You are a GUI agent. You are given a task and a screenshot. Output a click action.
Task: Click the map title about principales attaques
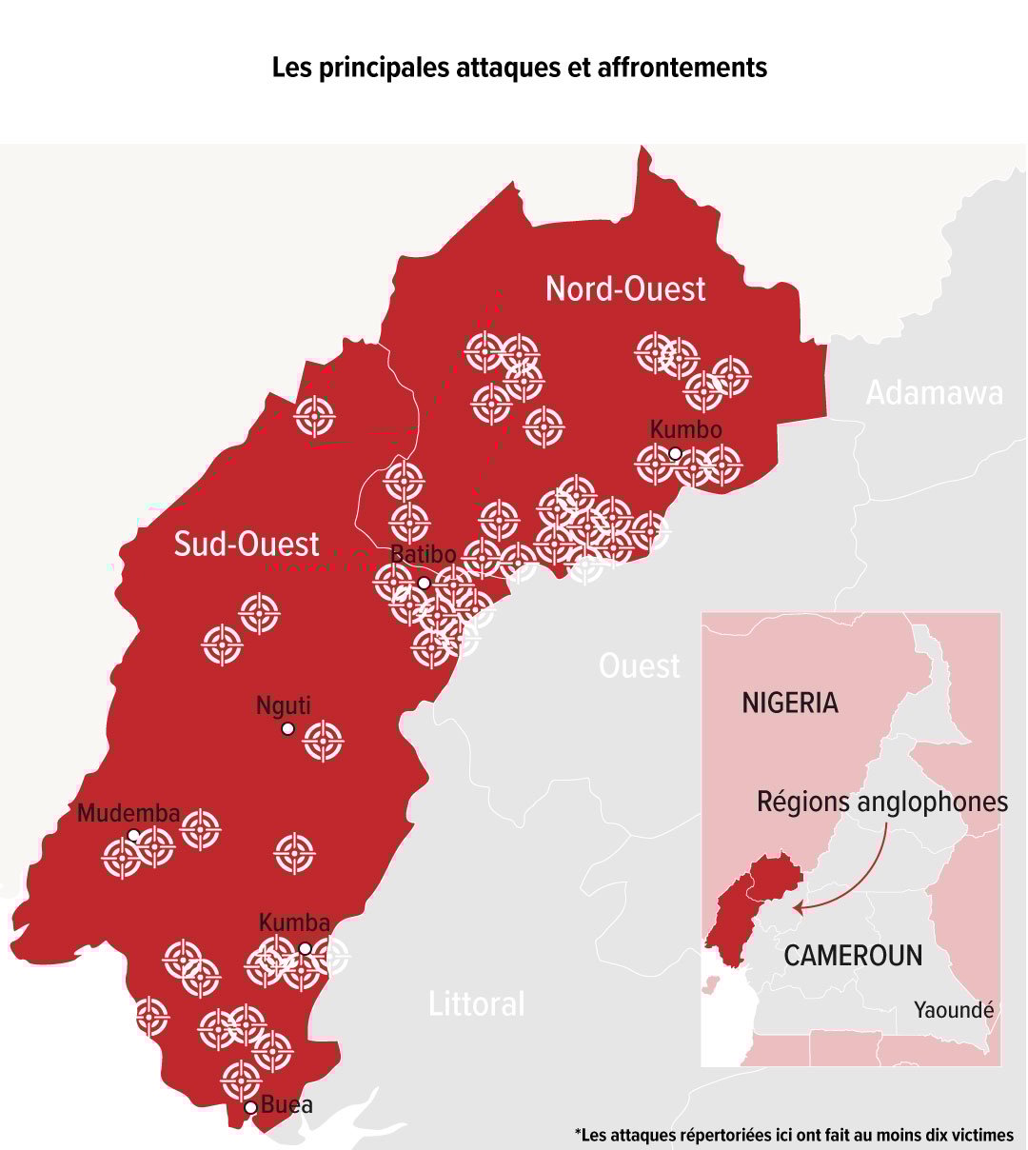[x=520, y=69]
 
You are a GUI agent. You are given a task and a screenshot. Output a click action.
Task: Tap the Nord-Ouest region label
[x=625, y=288]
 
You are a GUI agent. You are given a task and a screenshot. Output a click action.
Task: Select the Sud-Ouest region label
[x=247, y=544]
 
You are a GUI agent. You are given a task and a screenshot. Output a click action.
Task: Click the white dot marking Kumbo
[x=675, y=453]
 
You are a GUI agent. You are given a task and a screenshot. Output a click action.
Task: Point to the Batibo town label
[x=424, y=555]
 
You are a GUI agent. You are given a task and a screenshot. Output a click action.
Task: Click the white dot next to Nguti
[x=287, y=729]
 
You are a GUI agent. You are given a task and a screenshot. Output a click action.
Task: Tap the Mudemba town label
[x=128, y=813]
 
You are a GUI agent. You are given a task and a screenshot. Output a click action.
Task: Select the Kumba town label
[x=294, y=922]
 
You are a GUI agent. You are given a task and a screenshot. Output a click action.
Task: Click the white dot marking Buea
[x=251, y=1107]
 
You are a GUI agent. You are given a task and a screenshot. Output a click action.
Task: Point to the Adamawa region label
[x=934, y=393]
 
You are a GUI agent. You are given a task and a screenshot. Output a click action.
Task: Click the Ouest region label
[x=640, y=665]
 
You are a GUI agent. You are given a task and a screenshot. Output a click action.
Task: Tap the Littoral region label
[x=477, y=1003]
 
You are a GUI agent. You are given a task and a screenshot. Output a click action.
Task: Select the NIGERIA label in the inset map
[x=790, y=703]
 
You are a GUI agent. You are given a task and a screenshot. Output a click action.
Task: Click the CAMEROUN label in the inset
[x=853, y=955]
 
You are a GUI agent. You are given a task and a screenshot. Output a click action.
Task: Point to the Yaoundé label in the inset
[x=954, y=1010]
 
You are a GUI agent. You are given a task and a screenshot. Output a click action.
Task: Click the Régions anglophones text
[x=881, y=802]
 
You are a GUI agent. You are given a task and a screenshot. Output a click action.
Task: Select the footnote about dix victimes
[x=794, y=1135]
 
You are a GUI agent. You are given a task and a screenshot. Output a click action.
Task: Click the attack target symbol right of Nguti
[x=324, y=741]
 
